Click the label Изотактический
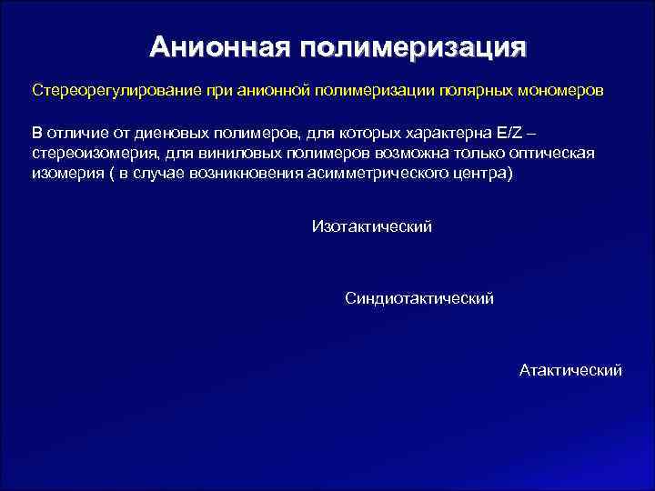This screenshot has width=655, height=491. point(371,226)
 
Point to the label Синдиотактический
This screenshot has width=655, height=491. point(419,298)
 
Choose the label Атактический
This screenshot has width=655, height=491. point(570,370)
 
